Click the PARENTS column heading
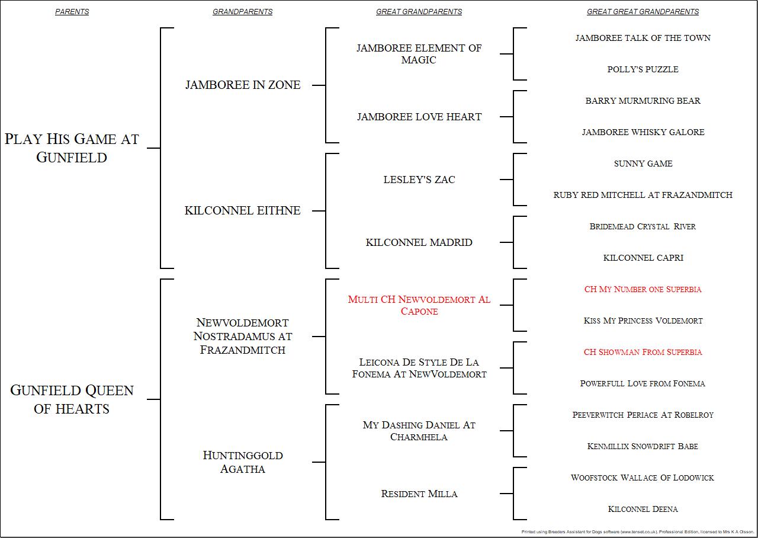coord(72,12)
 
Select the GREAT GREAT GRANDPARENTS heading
coord(643,12)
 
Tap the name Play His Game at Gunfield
coord(72,148)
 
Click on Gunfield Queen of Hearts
coord(72,399)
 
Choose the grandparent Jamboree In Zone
coord(243,85)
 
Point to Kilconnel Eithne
coord(243,210)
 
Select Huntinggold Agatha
coord(243,462)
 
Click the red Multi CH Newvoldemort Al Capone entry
coord(419,305)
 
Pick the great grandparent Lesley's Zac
coord(419,180)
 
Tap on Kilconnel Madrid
coord(419,242)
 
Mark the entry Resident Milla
coord(419,494)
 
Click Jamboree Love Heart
coord(419,117)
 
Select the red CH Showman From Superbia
coord(643,352)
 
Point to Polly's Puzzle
coord(643,69)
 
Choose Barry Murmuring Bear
coord(643,101)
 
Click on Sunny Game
coord(643,164)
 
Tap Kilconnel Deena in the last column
coord(643,509)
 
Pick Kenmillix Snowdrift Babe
coord(643,446)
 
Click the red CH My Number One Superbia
coord(643,289)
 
